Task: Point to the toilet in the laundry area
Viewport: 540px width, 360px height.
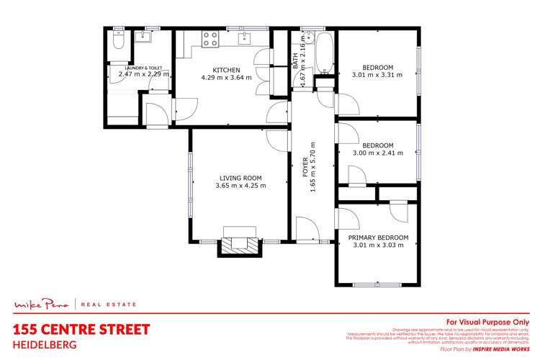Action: click(x=119, y=42)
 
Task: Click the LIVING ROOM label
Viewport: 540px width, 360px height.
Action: click(x=240, y=178)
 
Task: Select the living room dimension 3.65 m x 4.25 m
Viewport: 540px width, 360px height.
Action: click(x=240, y=186)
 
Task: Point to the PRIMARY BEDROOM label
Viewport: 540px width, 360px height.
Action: click(x=378, y=238)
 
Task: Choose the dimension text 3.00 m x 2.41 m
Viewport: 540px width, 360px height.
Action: click(x=377, y=153)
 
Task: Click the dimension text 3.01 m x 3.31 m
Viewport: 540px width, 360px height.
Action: click(x=377, y=74)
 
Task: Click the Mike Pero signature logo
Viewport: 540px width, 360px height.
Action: click(x=44, y=304)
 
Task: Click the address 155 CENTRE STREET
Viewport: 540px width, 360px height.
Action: click(x=82, y=330)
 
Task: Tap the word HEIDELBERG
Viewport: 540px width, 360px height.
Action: click(x=44, y=344)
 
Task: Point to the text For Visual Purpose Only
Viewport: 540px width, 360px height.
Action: click(x=487, y=322)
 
